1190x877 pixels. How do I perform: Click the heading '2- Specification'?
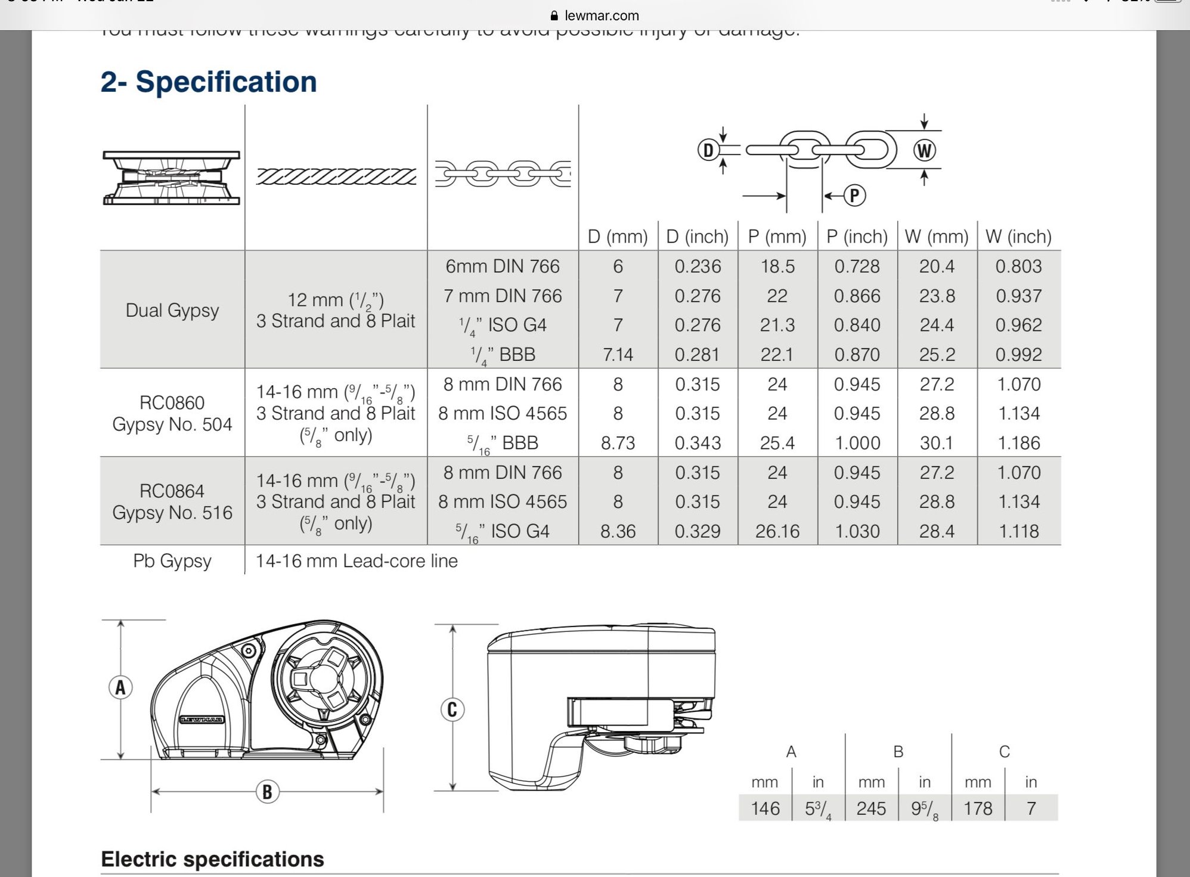(x=209, y=82)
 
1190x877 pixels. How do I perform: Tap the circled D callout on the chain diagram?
(x=708, y=150)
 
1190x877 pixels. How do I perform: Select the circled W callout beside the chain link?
(x=924, y=150)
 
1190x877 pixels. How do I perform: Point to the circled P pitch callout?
(x=854, y=196)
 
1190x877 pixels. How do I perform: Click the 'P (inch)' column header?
(x=857, y=237)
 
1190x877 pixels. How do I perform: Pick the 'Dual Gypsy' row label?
(x=172, y=310)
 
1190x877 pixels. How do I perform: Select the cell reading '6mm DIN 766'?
(x=503, y=266)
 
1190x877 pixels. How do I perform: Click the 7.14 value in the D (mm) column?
(x=618, y=355)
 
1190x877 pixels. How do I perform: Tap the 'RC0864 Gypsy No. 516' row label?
(x=172, y=501)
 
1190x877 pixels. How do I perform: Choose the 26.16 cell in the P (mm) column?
(x=777, y=531)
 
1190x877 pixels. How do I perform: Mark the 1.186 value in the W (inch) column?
(x=1018, y=443)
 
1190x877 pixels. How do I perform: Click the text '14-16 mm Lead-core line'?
(x=357, y=561)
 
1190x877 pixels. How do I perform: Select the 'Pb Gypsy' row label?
(x=172, y=561)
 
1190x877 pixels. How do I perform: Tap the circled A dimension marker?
(x=120, y=687)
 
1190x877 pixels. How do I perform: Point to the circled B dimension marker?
(x=267, y=792)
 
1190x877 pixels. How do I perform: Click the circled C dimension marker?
(x=452, y=709)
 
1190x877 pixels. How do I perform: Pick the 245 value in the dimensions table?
(x=870, y=808)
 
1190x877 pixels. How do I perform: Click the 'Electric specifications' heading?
(x=212, y=859)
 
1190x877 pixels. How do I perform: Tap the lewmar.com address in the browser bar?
(x=601, y=16)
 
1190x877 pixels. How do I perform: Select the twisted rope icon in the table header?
(x=336, y=176)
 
